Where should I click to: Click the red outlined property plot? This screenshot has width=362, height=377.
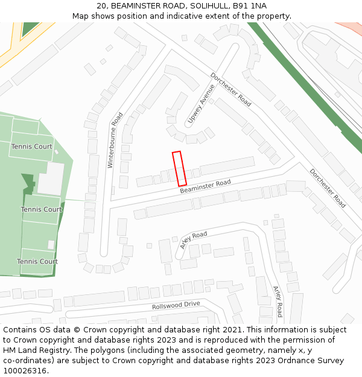tap(179, 168)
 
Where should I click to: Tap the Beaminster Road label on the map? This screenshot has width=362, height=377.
tap(205, 186)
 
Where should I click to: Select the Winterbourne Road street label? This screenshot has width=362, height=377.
tap(115, 139)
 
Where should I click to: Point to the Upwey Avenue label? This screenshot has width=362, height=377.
tap(201, 103)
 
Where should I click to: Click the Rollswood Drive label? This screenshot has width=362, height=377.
tap(176, 305)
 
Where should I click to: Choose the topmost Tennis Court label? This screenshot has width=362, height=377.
tap(31, 147)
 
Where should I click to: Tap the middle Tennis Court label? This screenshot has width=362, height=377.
tap(41, 209)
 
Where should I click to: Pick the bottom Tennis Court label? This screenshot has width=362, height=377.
tap(37, 261)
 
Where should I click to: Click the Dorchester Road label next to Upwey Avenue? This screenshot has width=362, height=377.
tap(230, 90)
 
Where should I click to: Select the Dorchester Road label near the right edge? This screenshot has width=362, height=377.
tap(328, 188)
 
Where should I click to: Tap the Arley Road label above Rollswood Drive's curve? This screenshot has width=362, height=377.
tap(193, 239)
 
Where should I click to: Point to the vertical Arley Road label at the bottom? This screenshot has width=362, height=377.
tap(277, 301)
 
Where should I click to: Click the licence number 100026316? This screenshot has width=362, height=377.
tap(25, 371)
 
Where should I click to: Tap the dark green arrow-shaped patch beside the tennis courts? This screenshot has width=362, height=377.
tap(28, 183)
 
